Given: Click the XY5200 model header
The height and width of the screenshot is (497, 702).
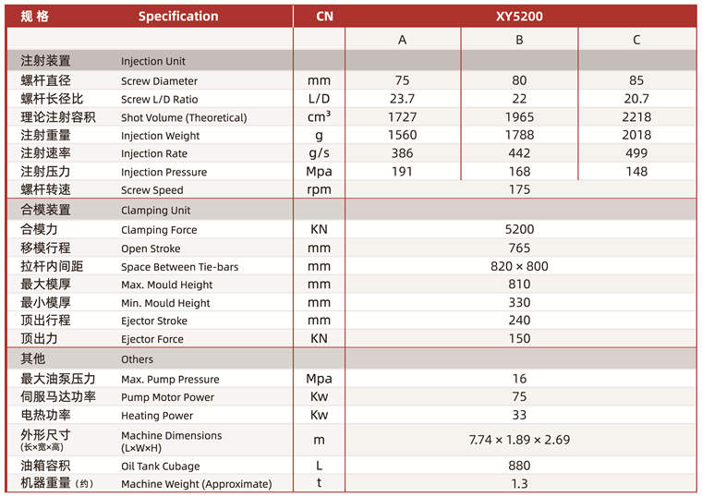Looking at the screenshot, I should pos(519,16).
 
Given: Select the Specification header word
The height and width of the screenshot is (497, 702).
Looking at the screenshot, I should pos(178,16).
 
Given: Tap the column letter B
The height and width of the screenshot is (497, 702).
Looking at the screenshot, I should pos(519,40).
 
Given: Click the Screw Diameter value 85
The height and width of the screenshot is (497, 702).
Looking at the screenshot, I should pos(636,80).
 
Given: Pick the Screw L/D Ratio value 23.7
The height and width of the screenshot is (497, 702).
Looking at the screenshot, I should pos(402,99).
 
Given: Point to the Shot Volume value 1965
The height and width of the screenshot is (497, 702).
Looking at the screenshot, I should pos(519,117).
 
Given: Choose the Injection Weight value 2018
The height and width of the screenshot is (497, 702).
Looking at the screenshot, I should pos(636,135).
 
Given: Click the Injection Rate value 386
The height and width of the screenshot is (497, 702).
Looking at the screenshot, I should pos(402,153).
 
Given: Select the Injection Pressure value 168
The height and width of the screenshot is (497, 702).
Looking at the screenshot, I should pos(519,172).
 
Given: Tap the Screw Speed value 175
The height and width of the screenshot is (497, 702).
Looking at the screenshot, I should pos(519,190).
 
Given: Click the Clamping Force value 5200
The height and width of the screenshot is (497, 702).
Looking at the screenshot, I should pos(519,229).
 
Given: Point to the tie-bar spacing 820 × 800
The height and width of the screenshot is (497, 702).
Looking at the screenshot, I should pos(519,266).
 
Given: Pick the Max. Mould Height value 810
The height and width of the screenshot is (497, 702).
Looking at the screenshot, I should pos(519,285).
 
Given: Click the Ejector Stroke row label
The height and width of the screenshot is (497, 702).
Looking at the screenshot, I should pos(153,321).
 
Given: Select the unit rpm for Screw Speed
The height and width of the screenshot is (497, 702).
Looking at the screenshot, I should pos(319,190).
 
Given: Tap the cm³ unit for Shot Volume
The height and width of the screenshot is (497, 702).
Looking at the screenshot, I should pos(319,117).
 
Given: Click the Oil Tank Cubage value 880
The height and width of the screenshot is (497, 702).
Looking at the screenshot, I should pos(519,466).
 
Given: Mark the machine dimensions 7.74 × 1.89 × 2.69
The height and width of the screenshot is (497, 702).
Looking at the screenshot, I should pos(519,441).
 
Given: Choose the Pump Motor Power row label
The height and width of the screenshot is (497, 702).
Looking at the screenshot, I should pos(167,397).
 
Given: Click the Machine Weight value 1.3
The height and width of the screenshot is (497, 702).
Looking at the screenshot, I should pos(519,484).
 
